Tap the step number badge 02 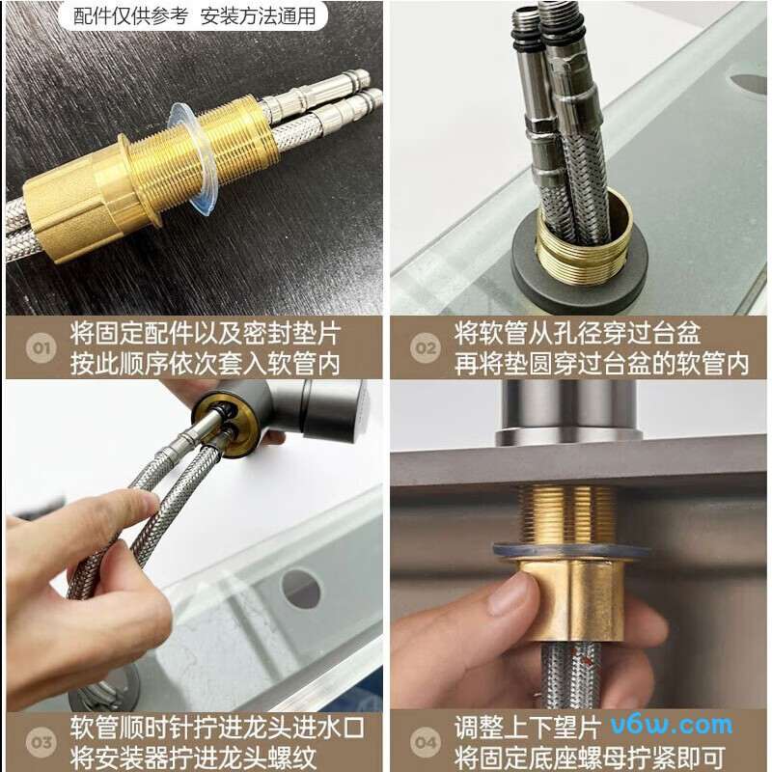[425, 347]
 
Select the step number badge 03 [41, 742]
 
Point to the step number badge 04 [426, 742]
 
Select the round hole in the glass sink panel [301, 589]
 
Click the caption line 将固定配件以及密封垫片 [206, 334]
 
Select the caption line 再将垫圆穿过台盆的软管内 [601, 364]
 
